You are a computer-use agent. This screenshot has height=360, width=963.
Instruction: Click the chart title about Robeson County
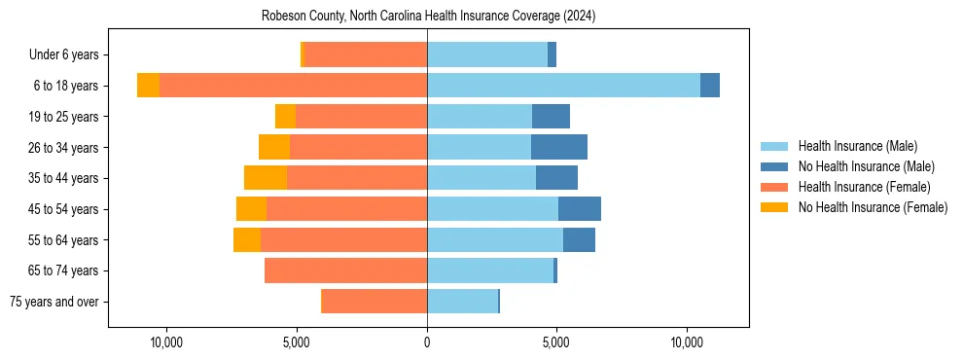point(428,16)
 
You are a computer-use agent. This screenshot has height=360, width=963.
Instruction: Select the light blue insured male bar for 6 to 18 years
point(563,86)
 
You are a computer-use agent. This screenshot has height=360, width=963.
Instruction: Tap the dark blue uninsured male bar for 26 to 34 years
point(559,147)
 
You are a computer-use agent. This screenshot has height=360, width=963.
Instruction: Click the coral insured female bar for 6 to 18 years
point(293,86)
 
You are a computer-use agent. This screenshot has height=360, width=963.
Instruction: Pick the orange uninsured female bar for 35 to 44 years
point(266,178)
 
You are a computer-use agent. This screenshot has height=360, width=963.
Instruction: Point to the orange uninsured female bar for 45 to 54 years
point(251,209)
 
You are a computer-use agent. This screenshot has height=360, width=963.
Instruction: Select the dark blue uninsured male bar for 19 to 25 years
point(551,117)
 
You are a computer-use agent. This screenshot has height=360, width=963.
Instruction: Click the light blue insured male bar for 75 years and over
point(462,302)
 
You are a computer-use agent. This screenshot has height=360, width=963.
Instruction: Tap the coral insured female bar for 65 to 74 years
point(345,270)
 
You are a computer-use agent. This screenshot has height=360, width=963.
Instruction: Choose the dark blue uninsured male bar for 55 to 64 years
point(579,239)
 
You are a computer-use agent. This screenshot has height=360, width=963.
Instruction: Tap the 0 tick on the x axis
point(427,342)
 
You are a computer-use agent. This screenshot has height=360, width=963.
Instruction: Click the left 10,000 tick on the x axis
point(166,342)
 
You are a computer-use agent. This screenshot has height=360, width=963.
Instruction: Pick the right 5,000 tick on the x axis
point(556,342)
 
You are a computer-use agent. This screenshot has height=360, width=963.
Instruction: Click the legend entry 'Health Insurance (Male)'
point(857,146)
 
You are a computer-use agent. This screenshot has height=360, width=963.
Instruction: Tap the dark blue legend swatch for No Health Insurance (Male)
point(774,166)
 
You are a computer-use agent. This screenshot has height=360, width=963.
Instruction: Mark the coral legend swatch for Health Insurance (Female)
point(774,187)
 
